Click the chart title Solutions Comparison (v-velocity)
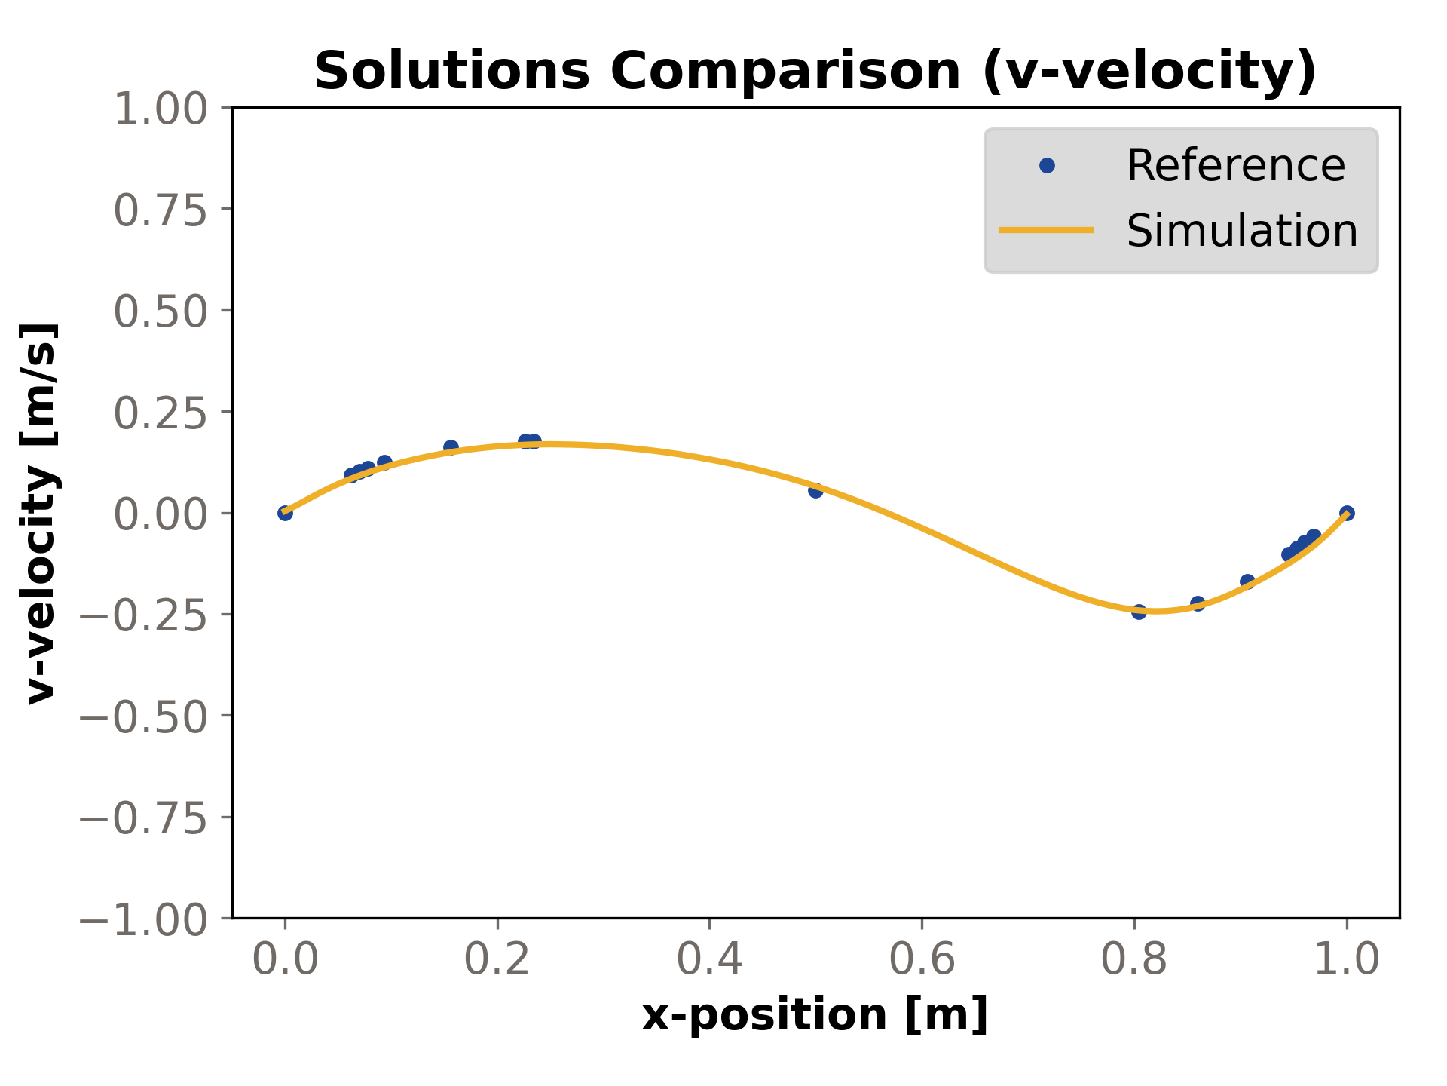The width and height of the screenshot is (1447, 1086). tap(815, 71)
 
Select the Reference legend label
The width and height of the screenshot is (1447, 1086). tap(1235, 165)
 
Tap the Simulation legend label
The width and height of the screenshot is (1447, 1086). tap(1241, 230)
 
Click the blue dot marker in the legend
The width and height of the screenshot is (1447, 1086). tap(1047, 165)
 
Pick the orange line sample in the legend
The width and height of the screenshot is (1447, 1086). tap(1046, 230)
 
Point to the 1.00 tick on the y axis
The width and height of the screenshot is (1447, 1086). tap(160, 109)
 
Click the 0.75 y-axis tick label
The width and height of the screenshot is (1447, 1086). tap(160, 210)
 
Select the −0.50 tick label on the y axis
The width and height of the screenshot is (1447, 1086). tap(143, 716)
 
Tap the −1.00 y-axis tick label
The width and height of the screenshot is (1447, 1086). tap(143, 919)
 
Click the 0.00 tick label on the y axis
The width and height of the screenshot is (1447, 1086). tap(160, 514)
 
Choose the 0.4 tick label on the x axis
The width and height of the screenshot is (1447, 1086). tap(709, 960)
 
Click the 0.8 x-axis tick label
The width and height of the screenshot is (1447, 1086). tap(1133, 960)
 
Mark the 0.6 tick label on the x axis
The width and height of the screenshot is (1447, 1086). tap(922, 960)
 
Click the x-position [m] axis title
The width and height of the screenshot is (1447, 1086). tap(815, 1014)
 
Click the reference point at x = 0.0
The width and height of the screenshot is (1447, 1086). tap(285, 513)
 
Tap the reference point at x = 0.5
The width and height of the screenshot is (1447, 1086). tap(815, 490)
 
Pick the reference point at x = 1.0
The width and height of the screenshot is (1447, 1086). tap(1347, 513)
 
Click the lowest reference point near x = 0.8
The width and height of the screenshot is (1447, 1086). tap(1139, 612)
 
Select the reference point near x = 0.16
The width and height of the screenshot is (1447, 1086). tap(451, 447)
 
